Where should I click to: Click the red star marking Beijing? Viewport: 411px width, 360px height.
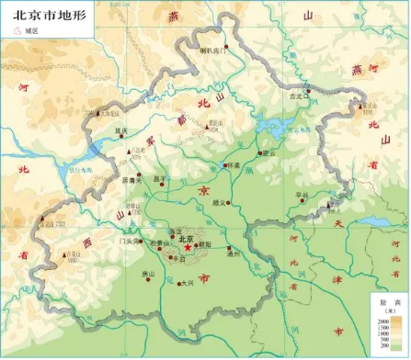[x=188, y=246]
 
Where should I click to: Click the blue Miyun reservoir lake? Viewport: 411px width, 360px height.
[x=275, y=126]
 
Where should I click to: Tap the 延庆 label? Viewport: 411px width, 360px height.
[x=120, y=131]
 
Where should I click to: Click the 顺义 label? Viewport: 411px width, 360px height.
[x=218, y=202]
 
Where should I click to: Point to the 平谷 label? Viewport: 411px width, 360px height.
[x=302, y=194]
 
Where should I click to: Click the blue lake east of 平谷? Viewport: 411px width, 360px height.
[x=376, y=220]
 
